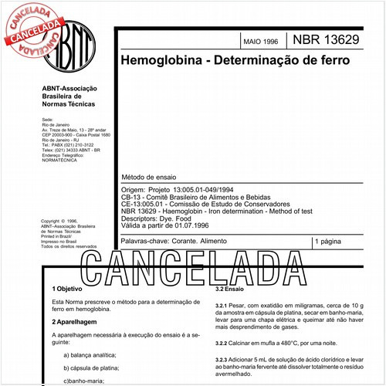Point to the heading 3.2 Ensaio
230,288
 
